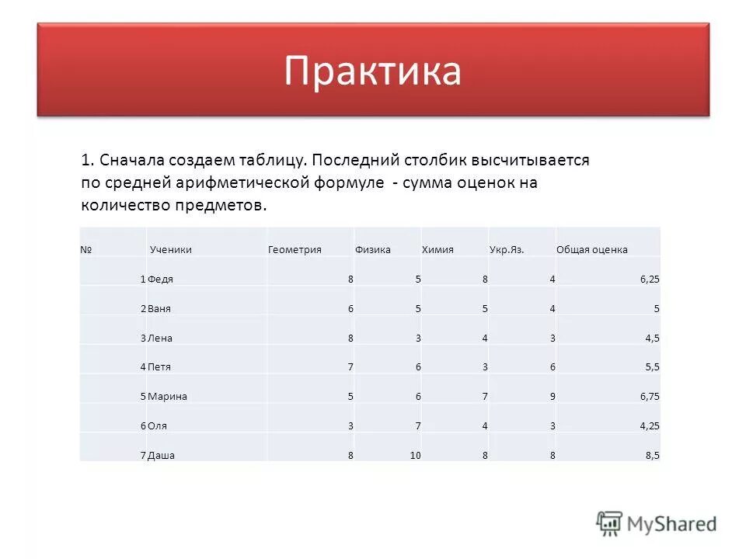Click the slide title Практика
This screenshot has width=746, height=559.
click(x=372, y=71)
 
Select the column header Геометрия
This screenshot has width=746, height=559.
click(x=295, y=249)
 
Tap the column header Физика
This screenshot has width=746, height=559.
click(x=373, y=249)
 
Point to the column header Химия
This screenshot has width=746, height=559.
click(x=437, y=249)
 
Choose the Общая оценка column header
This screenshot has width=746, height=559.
click(x=592, y=249)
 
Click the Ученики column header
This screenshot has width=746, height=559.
click(x=170, y=249)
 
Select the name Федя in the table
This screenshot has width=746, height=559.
click(x=160, y=278)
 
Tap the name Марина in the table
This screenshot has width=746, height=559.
click(x=167, y=396)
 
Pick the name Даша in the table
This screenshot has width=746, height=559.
click(x=161, y=456)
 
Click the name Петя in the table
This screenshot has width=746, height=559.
click(x=159, y=366)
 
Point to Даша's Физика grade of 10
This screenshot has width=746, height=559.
click(x=415, y=456)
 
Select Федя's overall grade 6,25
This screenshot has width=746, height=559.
click(x=650, y=278)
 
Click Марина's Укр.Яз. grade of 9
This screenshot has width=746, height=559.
click(x=552, y=396)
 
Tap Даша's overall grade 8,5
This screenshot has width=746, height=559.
click(x=652, y=456)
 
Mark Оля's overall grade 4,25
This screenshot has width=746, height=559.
click(x=650, y=425)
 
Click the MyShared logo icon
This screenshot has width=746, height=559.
click(x=610, y=523)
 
